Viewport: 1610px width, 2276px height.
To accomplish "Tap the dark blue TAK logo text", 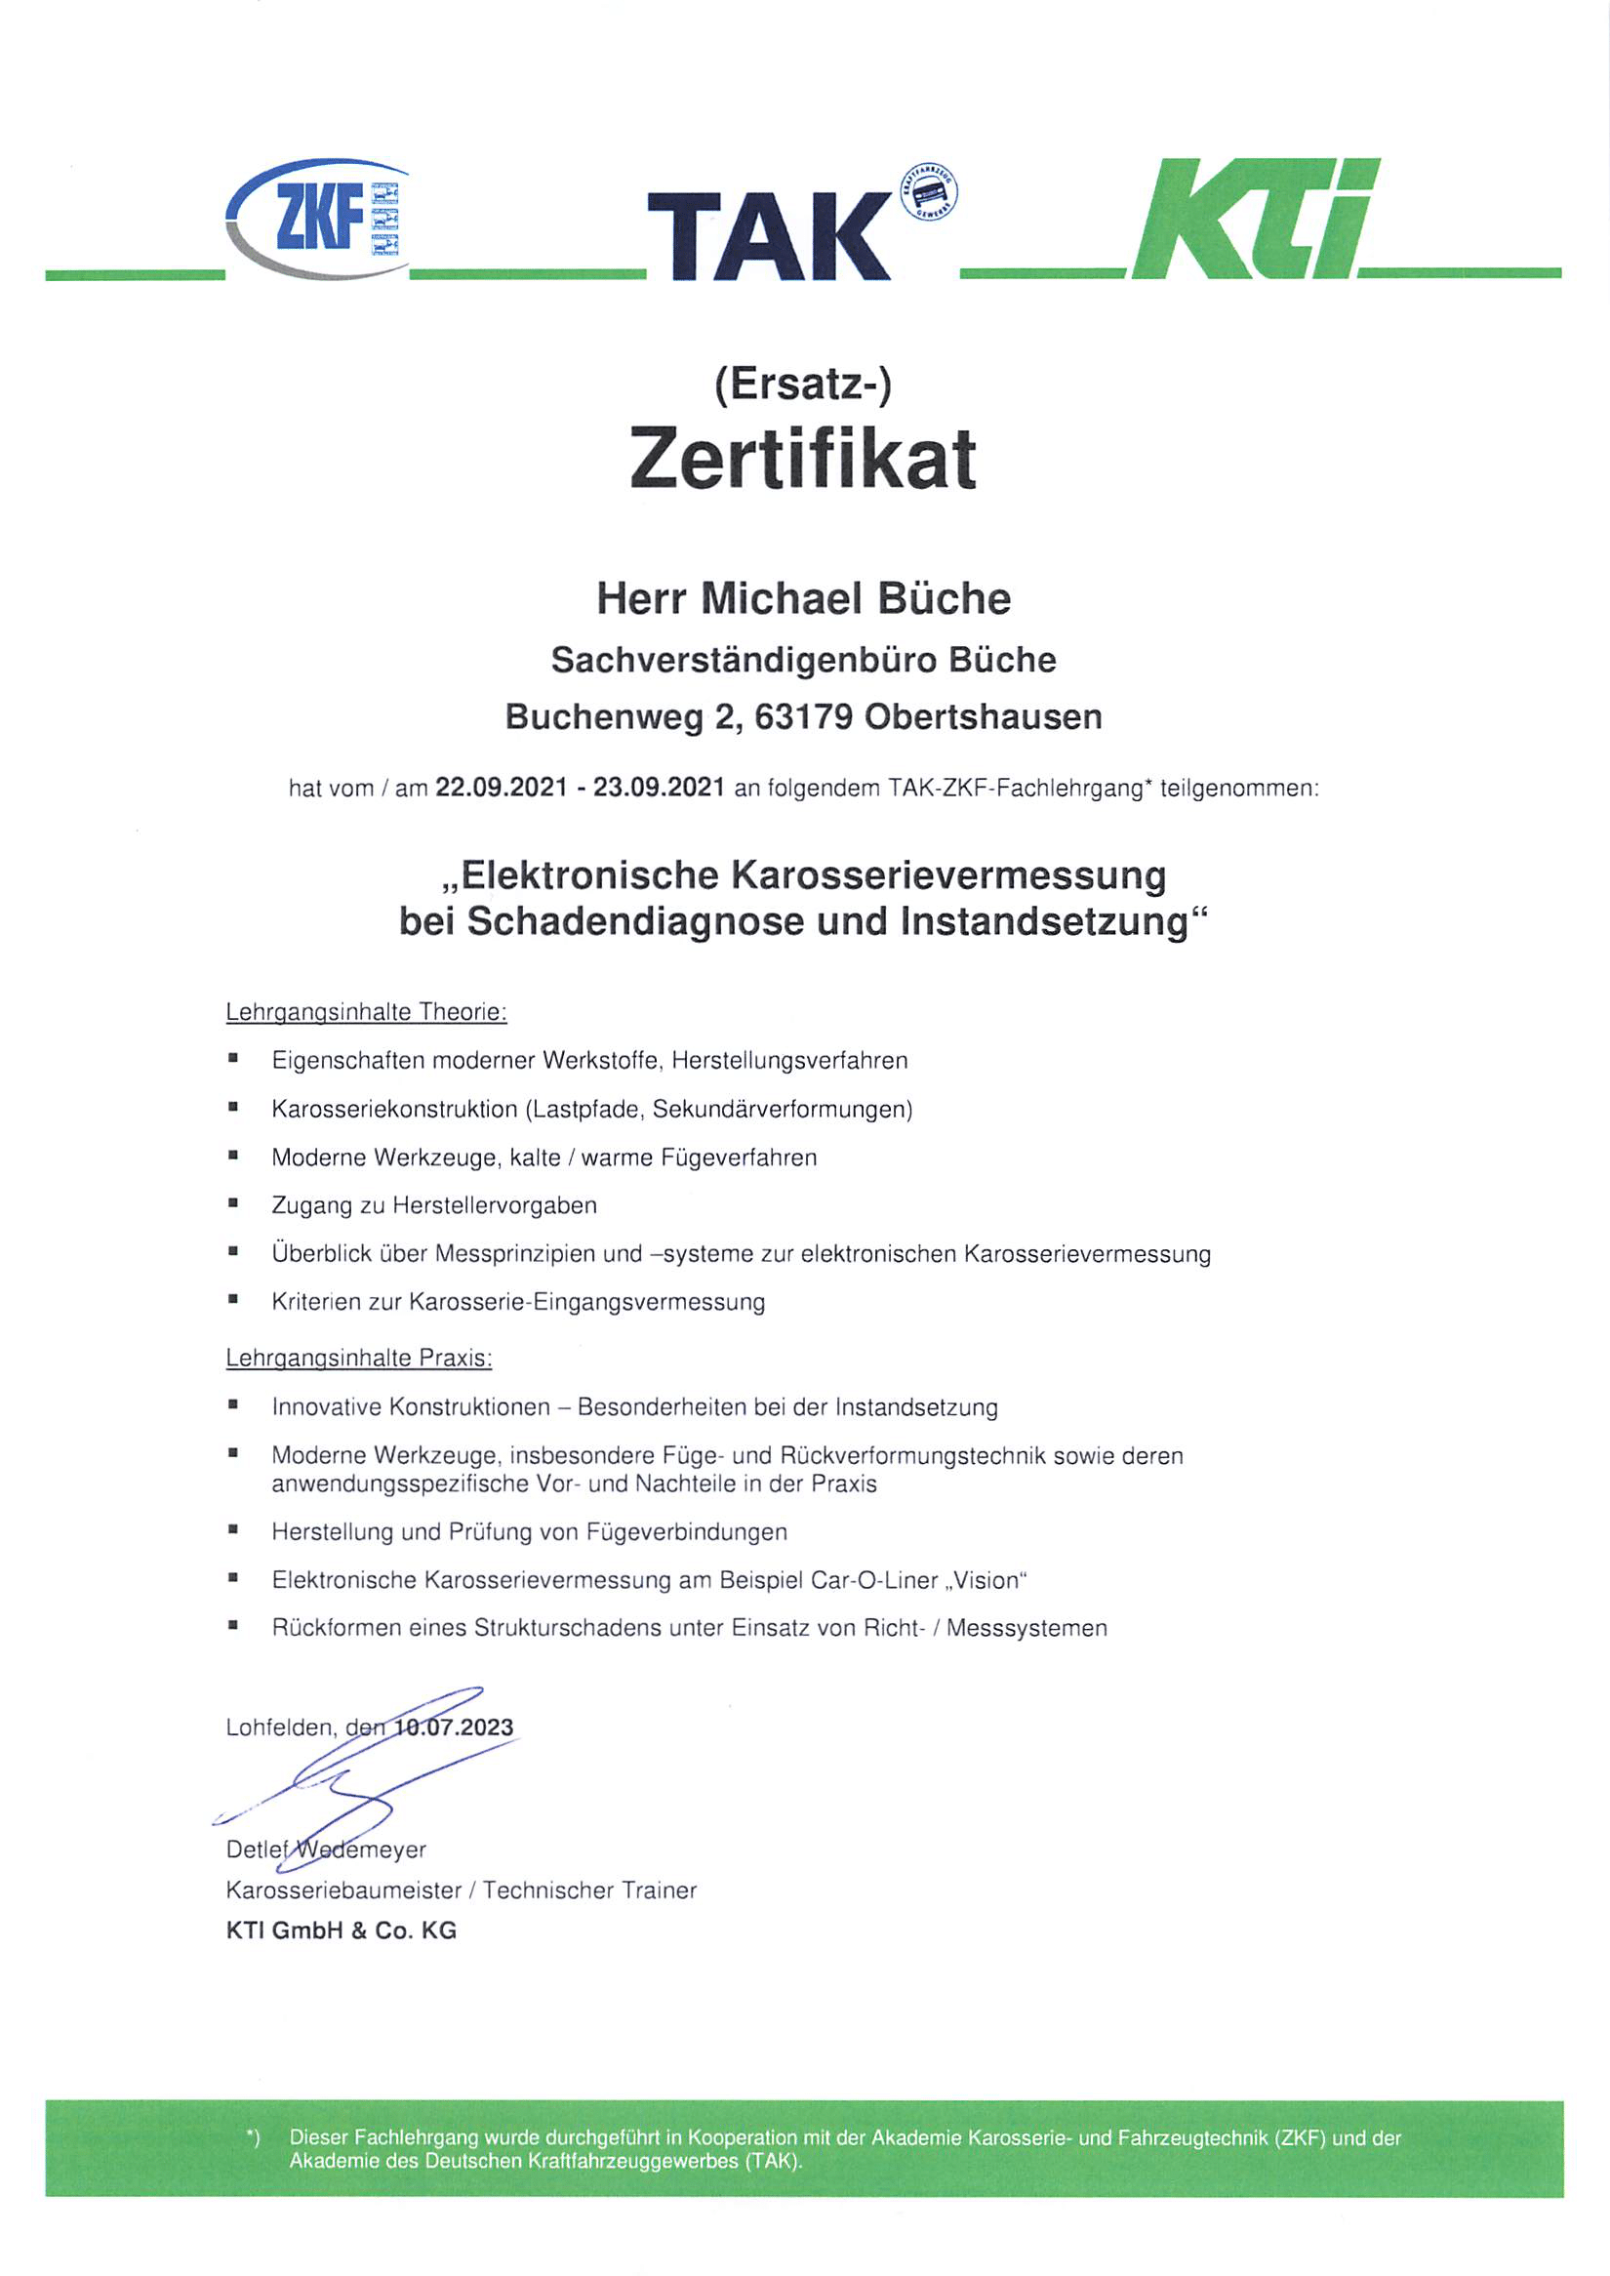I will click(x=768, y=236).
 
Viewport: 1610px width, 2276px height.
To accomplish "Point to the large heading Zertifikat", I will click(x=803, y=459).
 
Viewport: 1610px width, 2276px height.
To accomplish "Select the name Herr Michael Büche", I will click(x=803, y=599).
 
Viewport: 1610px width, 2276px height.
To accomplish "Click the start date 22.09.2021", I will click(x=501, y=789).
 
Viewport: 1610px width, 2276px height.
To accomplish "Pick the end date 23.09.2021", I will click(x=660, y=789).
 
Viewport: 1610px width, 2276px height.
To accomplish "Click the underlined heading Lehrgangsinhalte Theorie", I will click(x=366, y=1012).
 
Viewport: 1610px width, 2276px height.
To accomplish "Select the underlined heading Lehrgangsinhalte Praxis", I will click(x=359, y=1358).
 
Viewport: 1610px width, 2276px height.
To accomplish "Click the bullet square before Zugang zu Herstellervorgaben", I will click(x=233, y=1204).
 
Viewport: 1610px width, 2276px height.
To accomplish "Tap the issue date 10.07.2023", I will click(x=454, y=1727).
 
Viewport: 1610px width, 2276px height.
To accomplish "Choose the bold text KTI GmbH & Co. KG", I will click(x=342, y=1931).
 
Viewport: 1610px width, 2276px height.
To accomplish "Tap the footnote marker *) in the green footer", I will click(x=253, y=2139).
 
